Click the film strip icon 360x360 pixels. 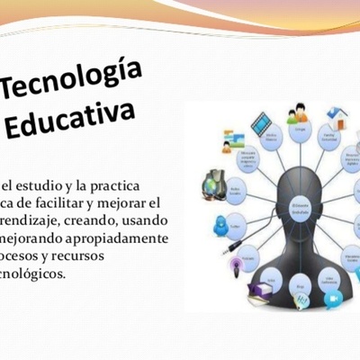(261, 120)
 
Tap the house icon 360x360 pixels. (338, 118)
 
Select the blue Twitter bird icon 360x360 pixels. (220, 227)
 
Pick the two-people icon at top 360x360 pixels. (298, 114)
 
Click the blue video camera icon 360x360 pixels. (333, 299)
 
